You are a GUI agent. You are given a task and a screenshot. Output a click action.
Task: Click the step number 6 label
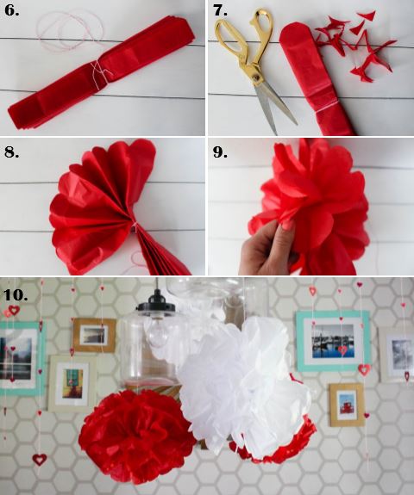(x=11, y=10)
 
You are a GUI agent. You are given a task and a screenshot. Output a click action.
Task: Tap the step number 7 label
(x=220, y=10)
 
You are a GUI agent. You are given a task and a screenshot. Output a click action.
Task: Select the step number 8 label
(x=11, y=152)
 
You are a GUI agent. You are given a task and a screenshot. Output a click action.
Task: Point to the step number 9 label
(x=220, y=152)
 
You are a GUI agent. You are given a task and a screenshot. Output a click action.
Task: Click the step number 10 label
(x=16, y=294)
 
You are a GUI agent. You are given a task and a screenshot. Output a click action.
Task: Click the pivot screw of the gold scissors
(x=255, y=76)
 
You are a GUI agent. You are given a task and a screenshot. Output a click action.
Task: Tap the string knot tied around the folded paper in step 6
(x=101, y=72)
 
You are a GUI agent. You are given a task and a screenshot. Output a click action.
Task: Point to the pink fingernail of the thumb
(x=287, y=226)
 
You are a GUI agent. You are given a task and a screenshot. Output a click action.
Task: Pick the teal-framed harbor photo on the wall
(x=333, y=341)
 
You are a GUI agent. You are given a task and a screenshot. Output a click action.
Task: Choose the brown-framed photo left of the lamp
(x=94, y=335)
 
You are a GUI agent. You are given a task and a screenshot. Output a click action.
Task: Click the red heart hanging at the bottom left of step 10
(x=40, y=459)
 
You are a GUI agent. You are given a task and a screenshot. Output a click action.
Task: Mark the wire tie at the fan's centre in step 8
(x=135, y=226)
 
